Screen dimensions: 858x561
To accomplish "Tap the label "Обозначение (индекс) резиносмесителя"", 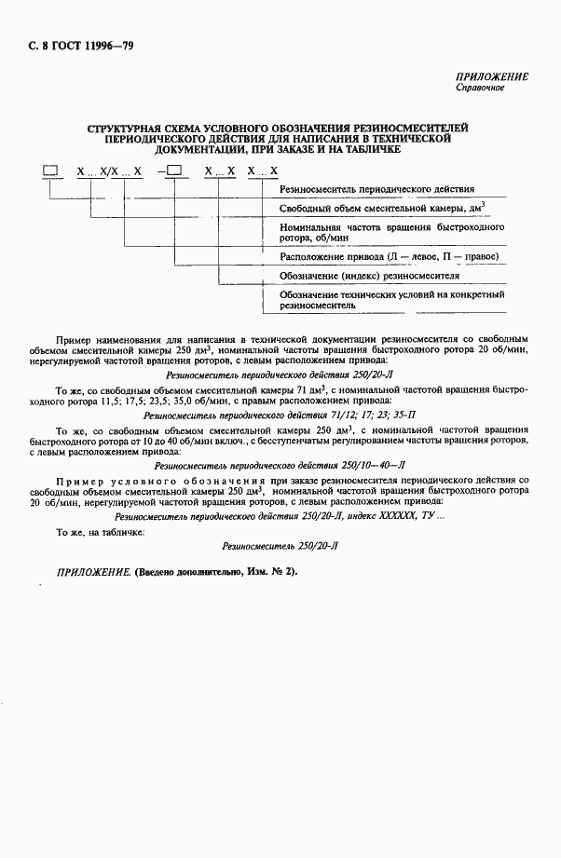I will [x=370, y=276].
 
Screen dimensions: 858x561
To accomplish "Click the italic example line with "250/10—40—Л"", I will [x=280, y=462].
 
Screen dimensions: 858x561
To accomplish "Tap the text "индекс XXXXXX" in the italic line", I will [x=369, y=514].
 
